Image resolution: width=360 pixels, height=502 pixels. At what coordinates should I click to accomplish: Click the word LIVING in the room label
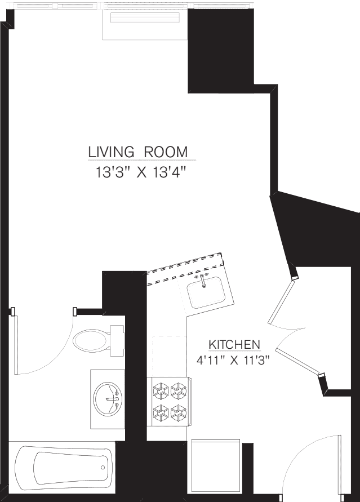111,152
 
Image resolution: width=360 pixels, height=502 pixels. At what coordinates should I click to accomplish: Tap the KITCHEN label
234,344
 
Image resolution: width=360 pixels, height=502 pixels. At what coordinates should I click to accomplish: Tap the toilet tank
117,340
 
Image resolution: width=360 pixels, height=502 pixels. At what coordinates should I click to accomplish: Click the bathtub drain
103,467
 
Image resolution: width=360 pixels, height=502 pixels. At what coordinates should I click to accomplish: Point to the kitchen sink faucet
202,279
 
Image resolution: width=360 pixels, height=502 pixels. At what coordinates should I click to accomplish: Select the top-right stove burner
179,389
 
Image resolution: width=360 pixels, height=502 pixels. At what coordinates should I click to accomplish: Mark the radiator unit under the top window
145,24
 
